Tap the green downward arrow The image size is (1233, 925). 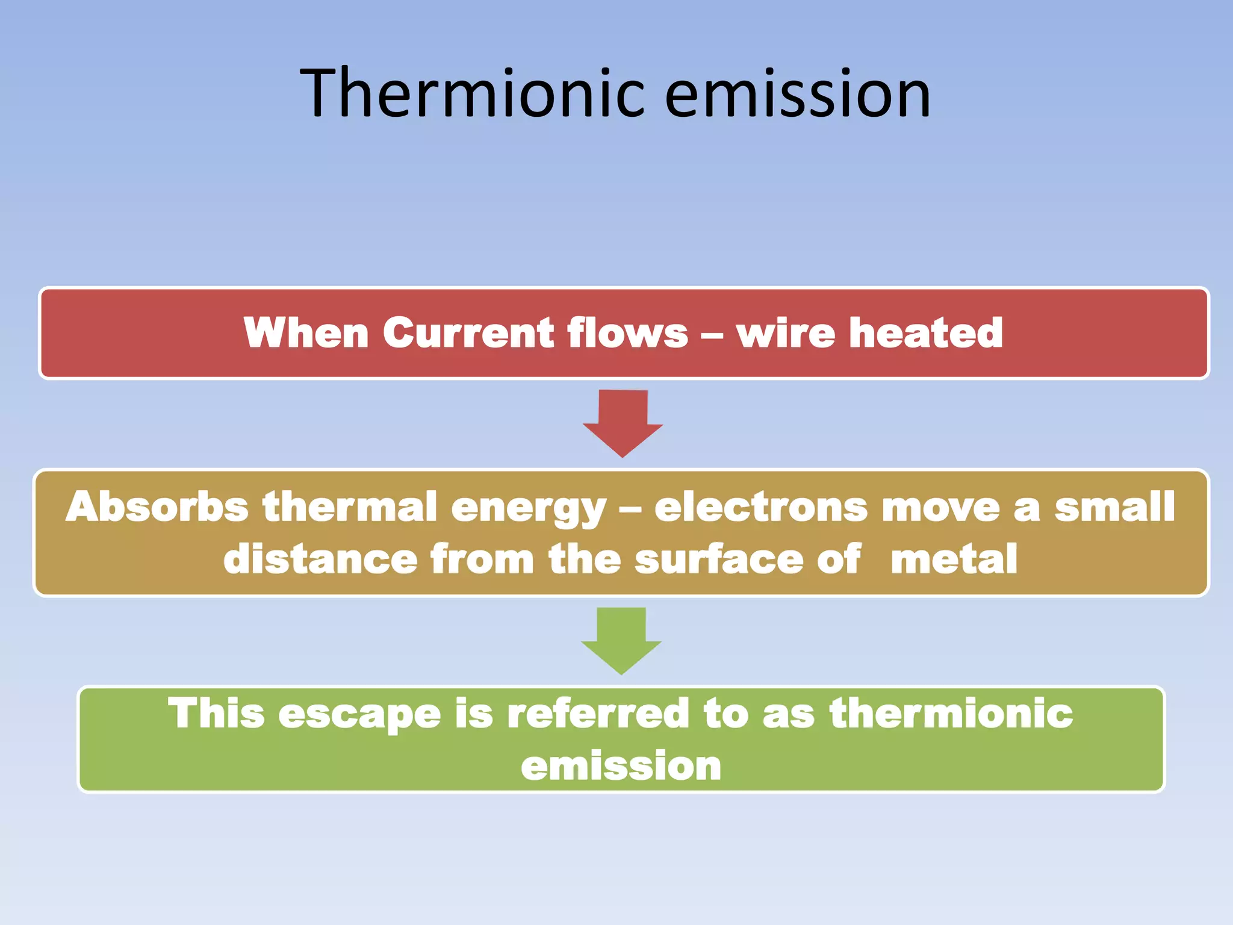[x=621, y=640]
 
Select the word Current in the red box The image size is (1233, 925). [x=468, y=333]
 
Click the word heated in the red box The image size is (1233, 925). [x=925, y=333]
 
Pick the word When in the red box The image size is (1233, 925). [x=306, y=333]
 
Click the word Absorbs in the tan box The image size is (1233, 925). [x=157, y=506]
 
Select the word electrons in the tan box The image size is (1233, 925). [x=760, y=508]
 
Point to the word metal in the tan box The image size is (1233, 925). [x=954, y=559]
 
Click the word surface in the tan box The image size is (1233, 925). [x=719, y=559]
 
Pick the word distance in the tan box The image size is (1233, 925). [x=320, y=559]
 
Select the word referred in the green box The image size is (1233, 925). [x=597, y=714]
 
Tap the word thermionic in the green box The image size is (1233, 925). [x=951, y=714]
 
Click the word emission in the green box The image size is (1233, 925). [x=621, y=766]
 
